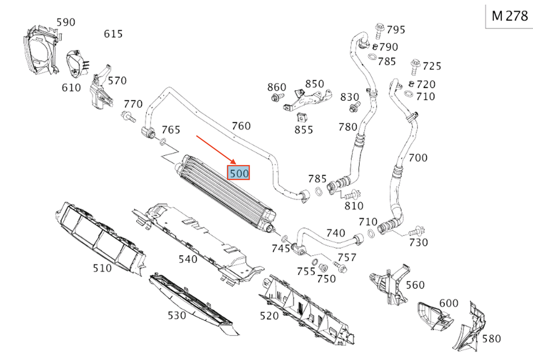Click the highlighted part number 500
coord(239,173)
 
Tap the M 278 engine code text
coord(509,16)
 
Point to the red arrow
coord(216,150)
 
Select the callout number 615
coord(113,34)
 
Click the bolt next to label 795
coord(379,31)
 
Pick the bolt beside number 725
coord(415,67)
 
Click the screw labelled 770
coord(128,116)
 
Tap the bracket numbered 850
coord(307,100)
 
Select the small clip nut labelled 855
coord(301,117)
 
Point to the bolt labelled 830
coord(355,107)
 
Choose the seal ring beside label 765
coord(163,142)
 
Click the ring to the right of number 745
coord(284,238)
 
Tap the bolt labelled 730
coord(417,231)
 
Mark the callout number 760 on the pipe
coord(241,126)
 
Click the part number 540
coord(188,259)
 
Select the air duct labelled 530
coord(194,305)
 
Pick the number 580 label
coord(492,339)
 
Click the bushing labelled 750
coord(323,268)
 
